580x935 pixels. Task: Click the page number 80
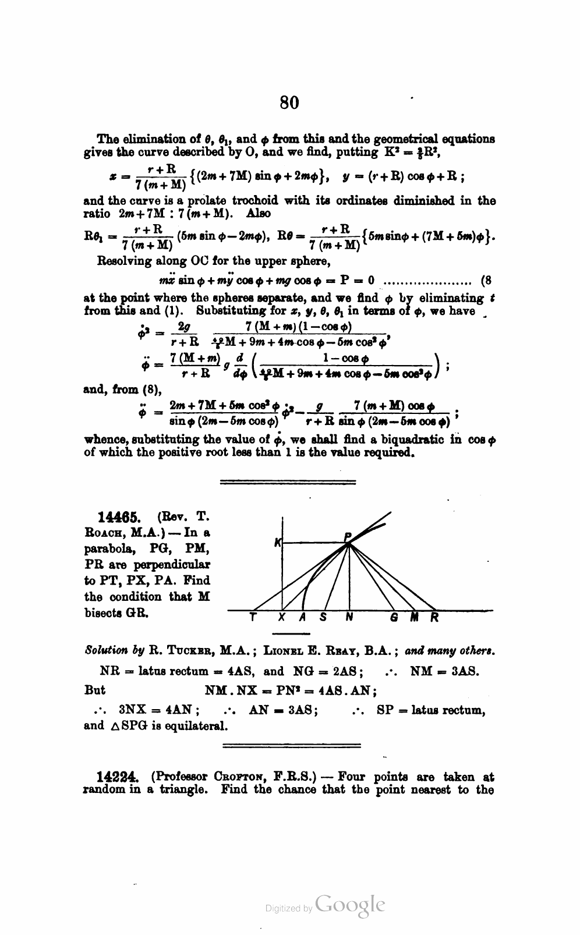289,102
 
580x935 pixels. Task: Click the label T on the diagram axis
252,618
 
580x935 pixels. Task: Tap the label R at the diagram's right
434,618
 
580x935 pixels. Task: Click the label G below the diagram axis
394,618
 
